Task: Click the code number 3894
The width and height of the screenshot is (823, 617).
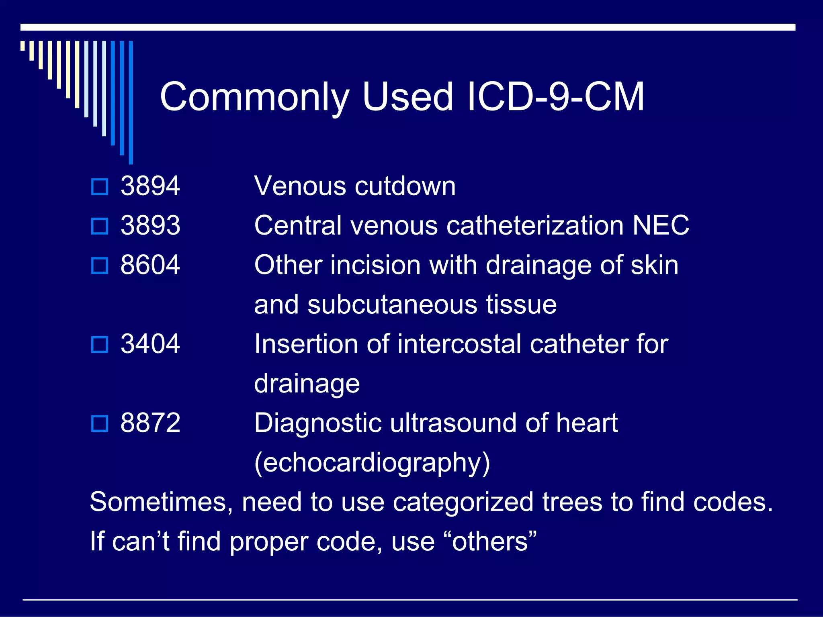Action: (x=150, y=186)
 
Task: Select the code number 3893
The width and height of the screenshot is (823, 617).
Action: (x=150, y=225)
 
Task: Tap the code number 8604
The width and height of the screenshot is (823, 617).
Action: (x=150, y=265)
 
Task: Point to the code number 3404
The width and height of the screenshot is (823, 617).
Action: (x=150, y=344)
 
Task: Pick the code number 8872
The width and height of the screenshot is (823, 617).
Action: (x=150, y=423)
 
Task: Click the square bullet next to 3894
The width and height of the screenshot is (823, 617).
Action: (x=100, y=187)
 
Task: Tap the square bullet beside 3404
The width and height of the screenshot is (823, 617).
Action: (x=100, y=345)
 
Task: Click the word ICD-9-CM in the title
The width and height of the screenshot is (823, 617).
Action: (x=556, y=97)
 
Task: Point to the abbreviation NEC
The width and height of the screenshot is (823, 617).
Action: (x=661, y=225)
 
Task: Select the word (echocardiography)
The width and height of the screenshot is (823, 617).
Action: (x=372, y=463)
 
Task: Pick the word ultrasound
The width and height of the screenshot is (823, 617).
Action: (x=454, y=423)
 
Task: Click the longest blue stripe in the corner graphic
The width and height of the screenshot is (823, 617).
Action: (x=131, y=102)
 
